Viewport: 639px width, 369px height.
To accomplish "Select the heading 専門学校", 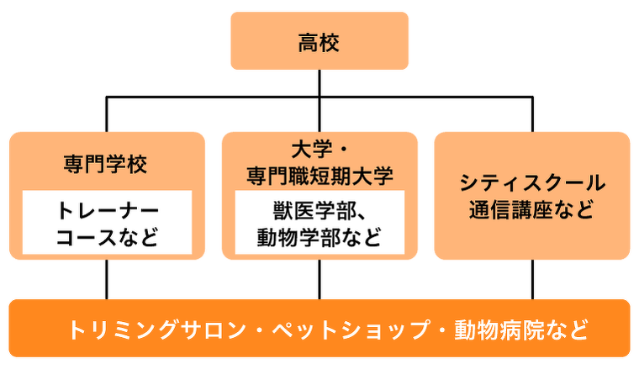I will (x=106, y=163).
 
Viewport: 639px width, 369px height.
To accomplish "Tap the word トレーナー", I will (x=107, y=209).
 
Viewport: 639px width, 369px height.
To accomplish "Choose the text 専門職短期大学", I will (x=319, y=177).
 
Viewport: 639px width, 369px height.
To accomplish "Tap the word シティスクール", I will (x=532, y=183).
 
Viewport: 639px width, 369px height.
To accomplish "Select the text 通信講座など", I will (x=532, y=209).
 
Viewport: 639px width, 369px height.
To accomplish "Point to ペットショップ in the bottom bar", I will (x=352, y=329).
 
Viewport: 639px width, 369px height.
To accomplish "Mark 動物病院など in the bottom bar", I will (x=520, y=329).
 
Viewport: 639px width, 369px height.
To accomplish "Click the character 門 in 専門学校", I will (x=95, y=163).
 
